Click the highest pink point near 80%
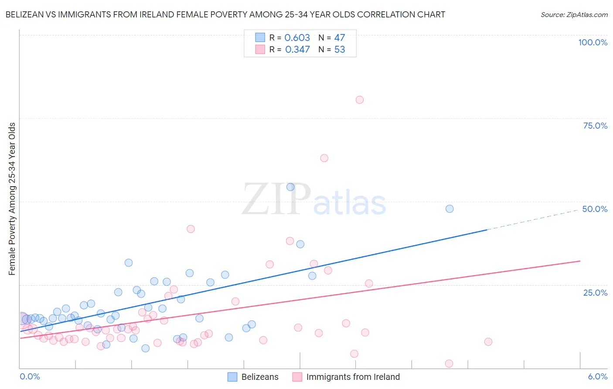[359, 100]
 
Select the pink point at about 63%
[324, 158]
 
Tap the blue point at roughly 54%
[290, 187]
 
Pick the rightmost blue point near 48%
[450, 209]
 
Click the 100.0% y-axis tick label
[593, 42]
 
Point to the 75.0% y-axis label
[595, 126]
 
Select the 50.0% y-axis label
[595, 209]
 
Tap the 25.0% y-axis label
[595, 293]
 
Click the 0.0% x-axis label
[30, 377]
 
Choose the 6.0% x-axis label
[598, 377]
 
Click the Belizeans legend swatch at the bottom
[232, 377]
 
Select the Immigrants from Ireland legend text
[353, 377]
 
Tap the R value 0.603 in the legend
[297, 38]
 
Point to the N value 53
[339, 50]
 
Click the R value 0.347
[297, 50]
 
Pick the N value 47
[339, 38]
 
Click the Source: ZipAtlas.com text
[574, 15]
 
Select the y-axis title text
[12, 199]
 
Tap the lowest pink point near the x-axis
[449, 364]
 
